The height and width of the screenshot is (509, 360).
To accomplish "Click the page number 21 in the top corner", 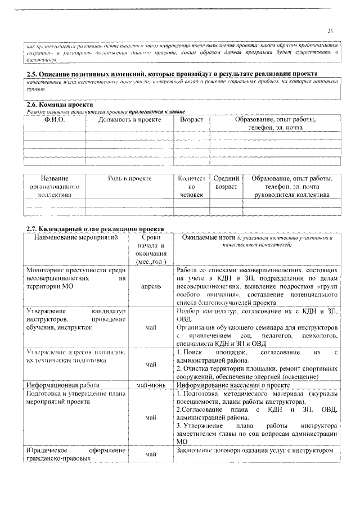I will [x=331, y=31].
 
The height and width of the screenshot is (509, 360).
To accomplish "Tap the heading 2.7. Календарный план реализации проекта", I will [x=95, y=229].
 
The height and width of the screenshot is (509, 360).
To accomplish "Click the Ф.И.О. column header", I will [x=55, y=120].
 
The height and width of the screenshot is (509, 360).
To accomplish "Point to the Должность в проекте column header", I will [x=129, y=120].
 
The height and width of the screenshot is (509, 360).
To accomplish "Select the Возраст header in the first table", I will [x=191, y=120].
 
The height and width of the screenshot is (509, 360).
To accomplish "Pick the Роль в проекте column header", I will [x=129, y=178].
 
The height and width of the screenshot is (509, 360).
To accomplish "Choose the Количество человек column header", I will [x=191, y=186].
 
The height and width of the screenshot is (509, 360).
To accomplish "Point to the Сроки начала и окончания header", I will [x=150, y=250].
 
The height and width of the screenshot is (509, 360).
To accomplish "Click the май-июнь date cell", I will [x=150, y=385].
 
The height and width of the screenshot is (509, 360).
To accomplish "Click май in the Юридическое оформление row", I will [x=150, y=453].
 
